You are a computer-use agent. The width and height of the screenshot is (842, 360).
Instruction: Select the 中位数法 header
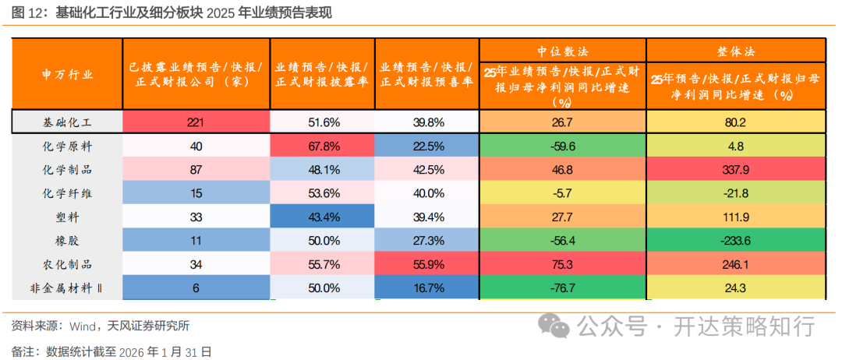point(562,50)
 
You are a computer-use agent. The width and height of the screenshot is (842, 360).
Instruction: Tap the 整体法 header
point(736,50)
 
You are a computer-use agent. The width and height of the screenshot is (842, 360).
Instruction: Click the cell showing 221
point(196,122)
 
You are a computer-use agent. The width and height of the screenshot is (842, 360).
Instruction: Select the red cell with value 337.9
point(736,169)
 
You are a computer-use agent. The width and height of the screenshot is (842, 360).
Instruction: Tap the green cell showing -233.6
point(736,241)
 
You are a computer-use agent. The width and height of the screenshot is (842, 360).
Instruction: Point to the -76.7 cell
point(562,288)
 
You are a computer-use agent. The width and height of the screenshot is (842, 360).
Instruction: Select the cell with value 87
point(196,169)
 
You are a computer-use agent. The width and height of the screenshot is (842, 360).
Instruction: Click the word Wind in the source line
point(83,325)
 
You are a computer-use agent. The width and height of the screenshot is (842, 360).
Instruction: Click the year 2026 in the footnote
point(130,351)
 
